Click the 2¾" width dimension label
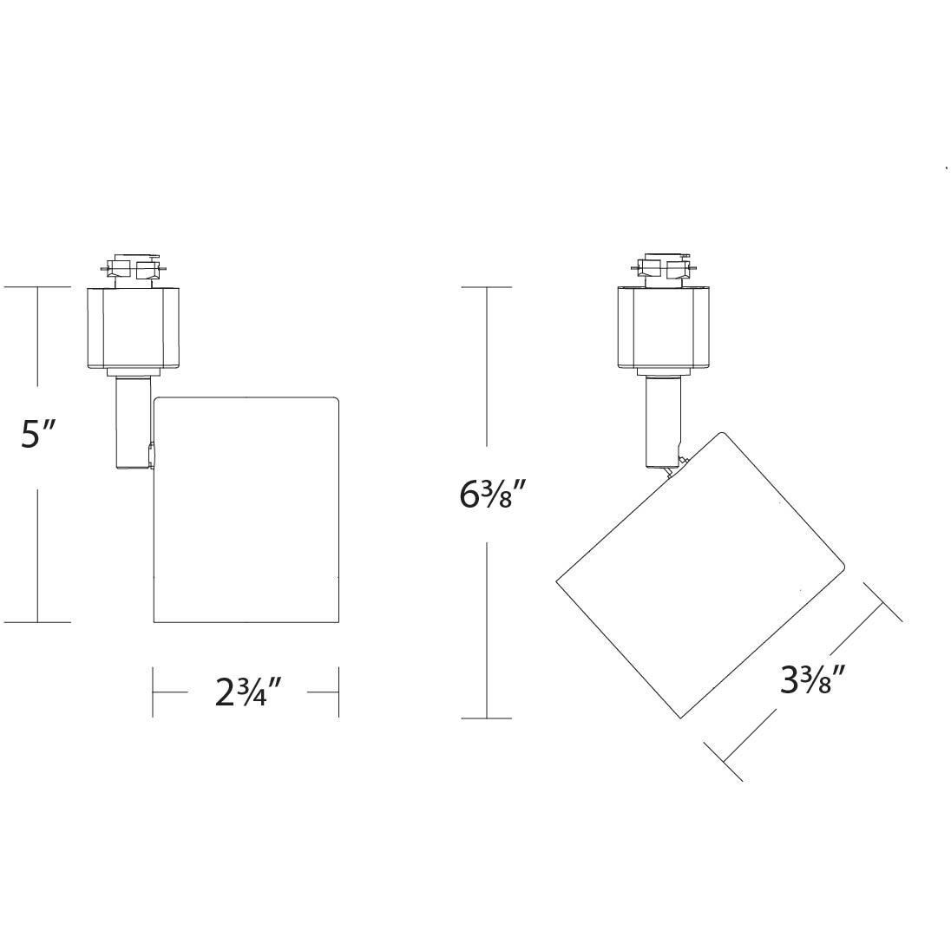249,692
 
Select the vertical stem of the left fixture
132,423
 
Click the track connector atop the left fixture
132,268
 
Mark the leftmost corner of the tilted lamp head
556,581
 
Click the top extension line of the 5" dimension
36,286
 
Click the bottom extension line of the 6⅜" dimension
487,718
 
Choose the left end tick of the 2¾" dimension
154,692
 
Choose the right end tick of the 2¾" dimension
338,692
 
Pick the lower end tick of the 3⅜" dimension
723,762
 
